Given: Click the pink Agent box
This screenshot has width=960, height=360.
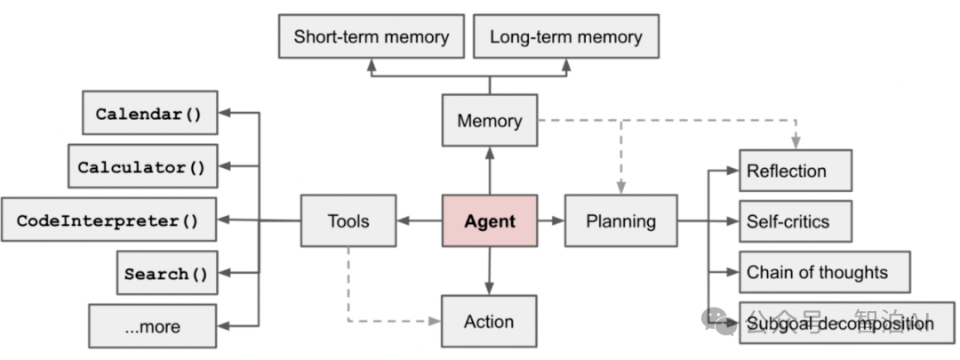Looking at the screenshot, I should (x=489, y=220).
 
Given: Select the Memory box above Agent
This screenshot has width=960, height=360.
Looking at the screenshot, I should (x=489, y=120).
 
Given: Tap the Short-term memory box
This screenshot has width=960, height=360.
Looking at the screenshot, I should (x=371, y=37).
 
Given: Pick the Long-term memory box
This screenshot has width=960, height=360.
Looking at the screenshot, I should (x=565, y=37).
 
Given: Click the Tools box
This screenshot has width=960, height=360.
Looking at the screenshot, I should (x=348, y=220).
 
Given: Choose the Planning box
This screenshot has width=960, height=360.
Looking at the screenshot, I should (x=620, y=220).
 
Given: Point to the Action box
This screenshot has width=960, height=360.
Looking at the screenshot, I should (x=489, y=321).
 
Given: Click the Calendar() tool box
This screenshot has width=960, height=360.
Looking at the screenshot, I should (x=149, y=113).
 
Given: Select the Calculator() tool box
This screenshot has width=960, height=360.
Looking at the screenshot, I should (x=142, y=166).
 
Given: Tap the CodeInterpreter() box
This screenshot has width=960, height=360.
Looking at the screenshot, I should (x=108, y=220).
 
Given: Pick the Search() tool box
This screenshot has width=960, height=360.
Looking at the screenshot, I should (x=167, y=273).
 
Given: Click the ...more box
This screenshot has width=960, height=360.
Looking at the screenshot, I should (x=152, y=326).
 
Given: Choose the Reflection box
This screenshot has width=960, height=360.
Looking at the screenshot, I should (x=795, y=171).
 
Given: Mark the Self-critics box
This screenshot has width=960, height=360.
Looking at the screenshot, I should (x=795, y=221).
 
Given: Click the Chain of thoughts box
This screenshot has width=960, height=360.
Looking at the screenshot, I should (x=825, y=272).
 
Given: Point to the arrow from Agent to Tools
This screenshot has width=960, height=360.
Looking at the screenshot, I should (x=419, y=220).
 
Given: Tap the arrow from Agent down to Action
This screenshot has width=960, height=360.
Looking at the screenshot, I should (x=489, y=271).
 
